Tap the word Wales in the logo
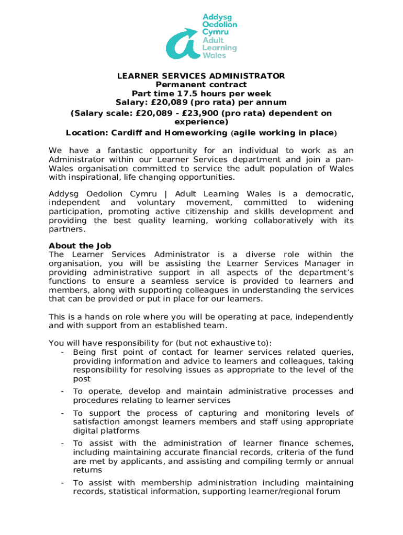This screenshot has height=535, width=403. click(x=215, y=55)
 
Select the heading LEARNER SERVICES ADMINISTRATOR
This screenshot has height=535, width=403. click(x=201, y=76)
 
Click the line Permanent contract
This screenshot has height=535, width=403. click(x=201, y=85)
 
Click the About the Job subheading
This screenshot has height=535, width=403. click(x=80, y=246)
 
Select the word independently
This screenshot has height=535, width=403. click(x=327, y=317)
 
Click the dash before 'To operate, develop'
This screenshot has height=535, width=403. click(x=62, y=391)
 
